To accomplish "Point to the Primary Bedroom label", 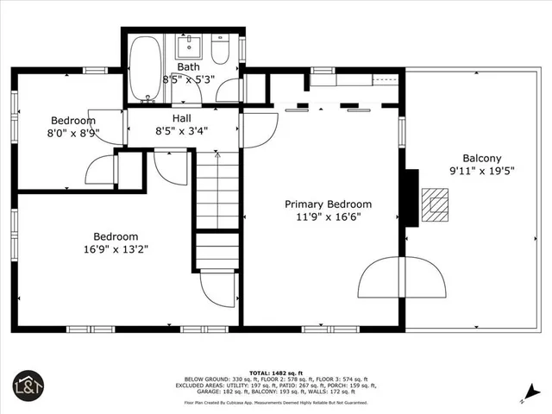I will click(x=329, y=204).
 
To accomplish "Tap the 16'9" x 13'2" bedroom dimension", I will click(x=116, y=251).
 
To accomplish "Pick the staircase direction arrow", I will click(x=216, y=158).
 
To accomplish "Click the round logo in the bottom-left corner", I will click(x=27, y=385).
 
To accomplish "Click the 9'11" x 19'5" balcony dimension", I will click(x=481, y=172).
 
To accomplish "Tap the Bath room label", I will click(x=188, y=66).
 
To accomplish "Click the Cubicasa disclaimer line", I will click(x=276, y=402).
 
